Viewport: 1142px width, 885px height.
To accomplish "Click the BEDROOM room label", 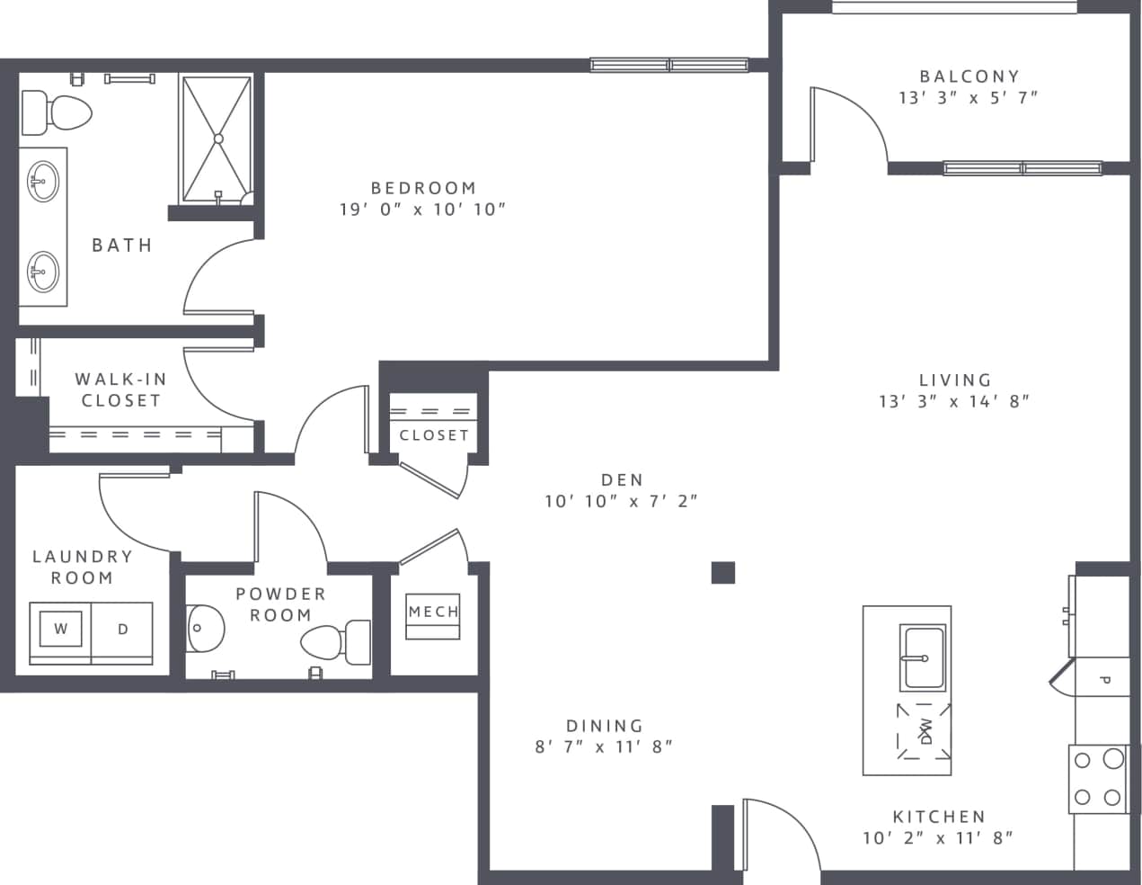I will (423, 188).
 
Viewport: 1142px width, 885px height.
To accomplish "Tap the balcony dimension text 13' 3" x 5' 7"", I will (969, 98).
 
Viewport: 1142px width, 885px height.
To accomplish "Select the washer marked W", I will (60, 630).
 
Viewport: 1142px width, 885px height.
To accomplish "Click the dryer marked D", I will (123, 630).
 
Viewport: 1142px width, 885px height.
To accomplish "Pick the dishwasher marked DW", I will (924, 730).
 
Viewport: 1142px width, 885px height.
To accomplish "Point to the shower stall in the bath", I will (216, 139).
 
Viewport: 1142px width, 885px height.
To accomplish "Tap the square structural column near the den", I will (723, 572).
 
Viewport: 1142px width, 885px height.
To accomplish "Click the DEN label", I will (622, 480).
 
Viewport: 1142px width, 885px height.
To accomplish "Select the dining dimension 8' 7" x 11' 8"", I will (604, 746).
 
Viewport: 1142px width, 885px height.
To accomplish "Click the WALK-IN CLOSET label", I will (120, 390).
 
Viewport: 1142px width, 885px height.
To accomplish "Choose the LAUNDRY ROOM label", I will (83, 568).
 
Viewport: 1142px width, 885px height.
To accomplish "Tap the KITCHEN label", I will (939, 817).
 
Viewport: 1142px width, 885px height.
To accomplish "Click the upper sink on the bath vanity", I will (41, 182).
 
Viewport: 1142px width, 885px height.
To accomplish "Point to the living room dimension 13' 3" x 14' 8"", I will (954, 401).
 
